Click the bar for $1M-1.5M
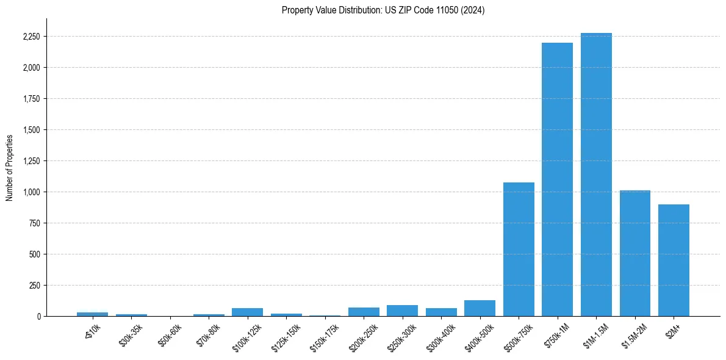(x=596, y=175)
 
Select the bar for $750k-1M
(x=557, y=179)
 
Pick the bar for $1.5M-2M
(x=634, y=253)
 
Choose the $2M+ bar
(x=674, y=260)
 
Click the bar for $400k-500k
(x=480, y=308)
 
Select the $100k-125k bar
(x=247, y=312)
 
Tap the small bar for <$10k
(x=92, y=314)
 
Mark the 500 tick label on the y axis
(x=35, y=254)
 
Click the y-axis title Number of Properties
(x=9, y=167)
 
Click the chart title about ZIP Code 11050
(x=383, y=10)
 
